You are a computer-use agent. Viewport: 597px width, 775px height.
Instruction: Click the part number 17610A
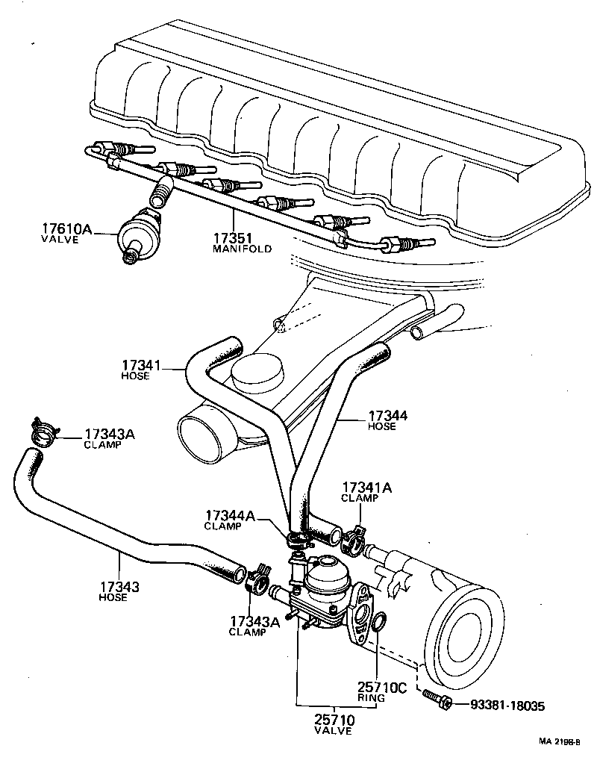(x=66, y=228)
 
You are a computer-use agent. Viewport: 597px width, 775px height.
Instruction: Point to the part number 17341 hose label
(x=141, y=365)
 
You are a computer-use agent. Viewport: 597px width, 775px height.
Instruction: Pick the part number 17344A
(x=228, y=515)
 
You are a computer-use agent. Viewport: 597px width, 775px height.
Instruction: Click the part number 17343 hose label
(x=119, y=588)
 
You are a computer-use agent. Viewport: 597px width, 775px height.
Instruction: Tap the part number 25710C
(x=381, y=687)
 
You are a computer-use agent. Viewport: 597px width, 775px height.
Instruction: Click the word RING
(x=371, y=698)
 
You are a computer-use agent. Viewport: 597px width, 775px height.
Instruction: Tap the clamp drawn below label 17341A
(x=354, y=537)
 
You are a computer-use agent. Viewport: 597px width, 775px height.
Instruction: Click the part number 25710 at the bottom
(x=334, y=720)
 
